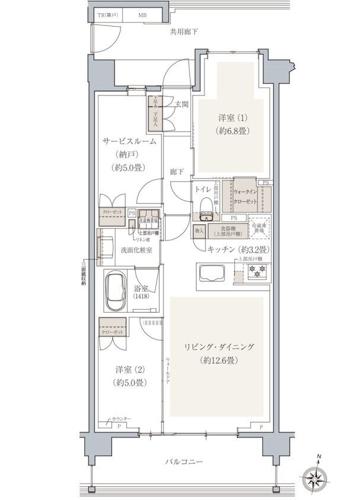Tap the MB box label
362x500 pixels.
point(143,15)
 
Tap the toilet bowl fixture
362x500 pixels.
point(205,207)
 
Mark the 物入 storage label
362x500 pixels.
point(199,230)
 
